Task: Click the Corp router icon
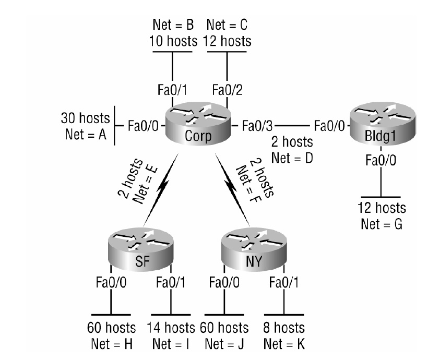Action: click(x=198, y=125)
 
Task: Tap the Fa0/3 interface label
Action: click(x=257, y=126)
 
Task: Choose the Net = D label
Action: click(x=293, y=157)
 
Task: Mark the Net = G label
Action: click(x=382, y=225)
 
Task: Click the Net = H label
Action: click(x=111, y=344)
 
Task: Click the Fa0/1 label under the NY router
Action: click(x=284, y=283)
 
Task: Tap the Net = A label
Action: click(x=86, y=134)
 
